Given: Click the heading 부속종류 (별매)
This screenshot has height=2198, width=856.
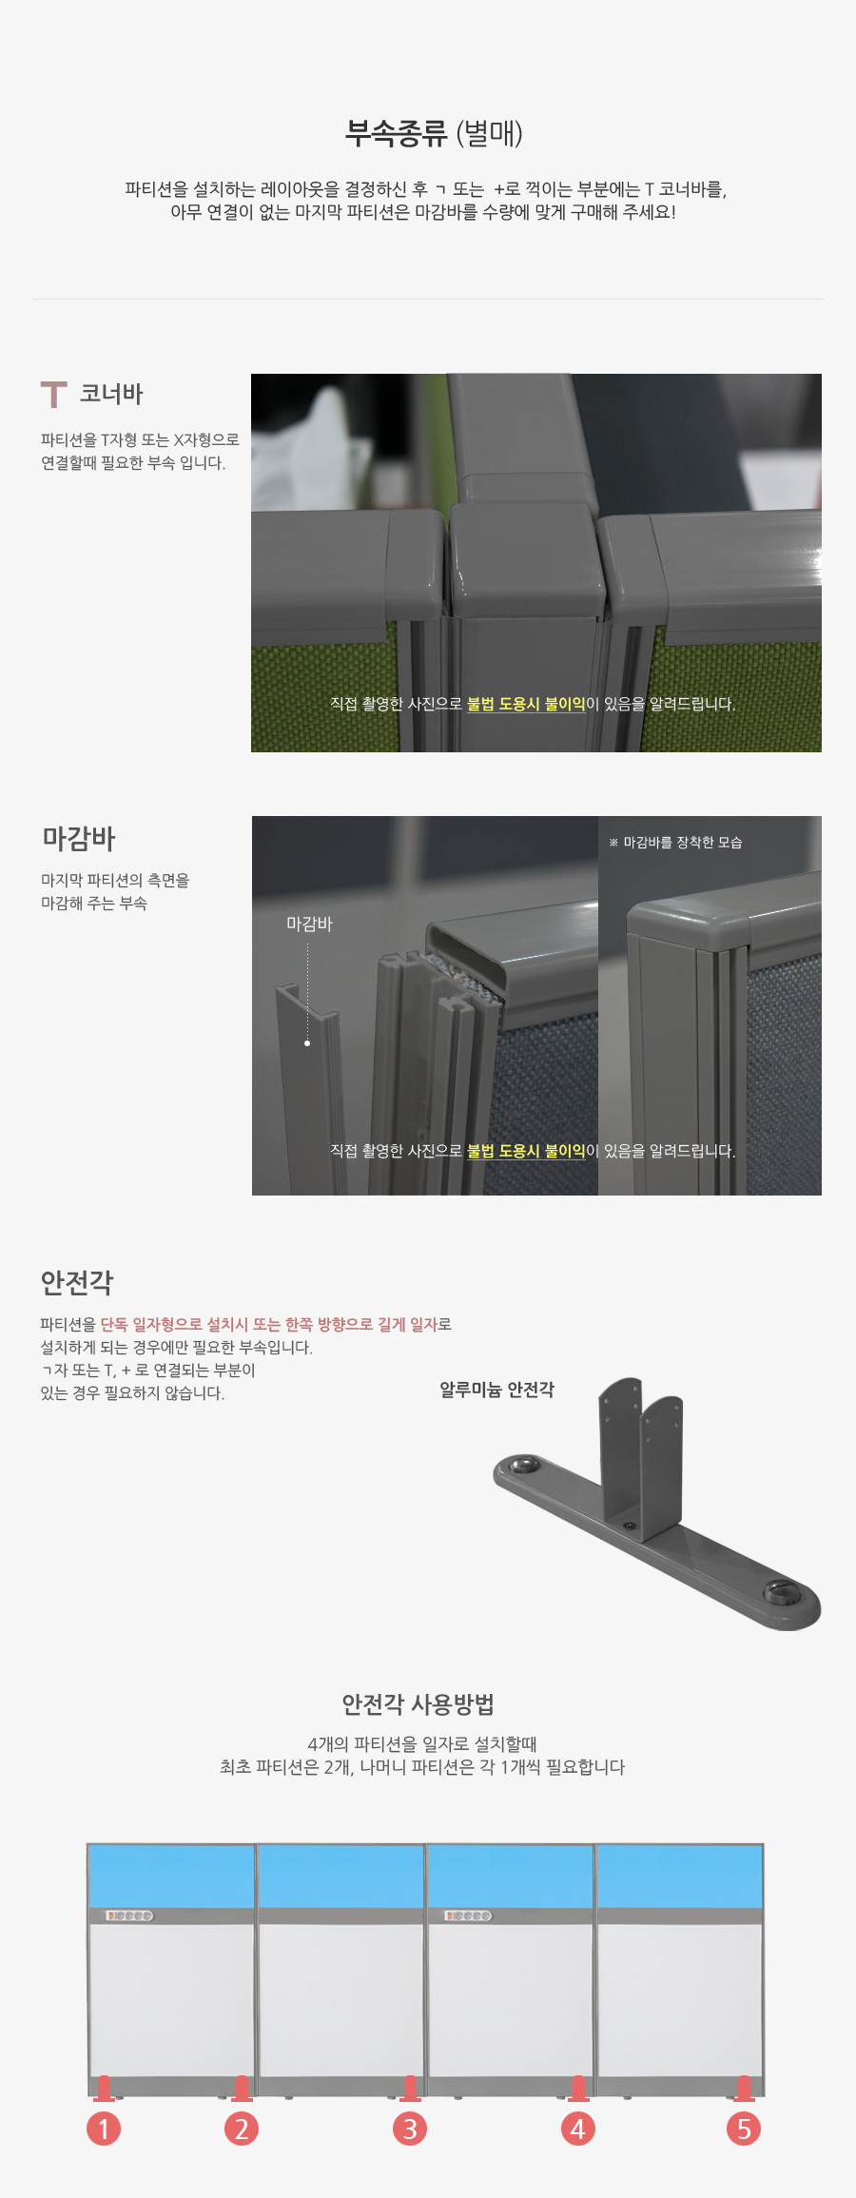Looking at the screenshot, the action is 434,133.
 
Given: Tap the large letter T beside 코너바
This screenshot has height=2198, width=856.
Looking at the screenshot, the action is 54,394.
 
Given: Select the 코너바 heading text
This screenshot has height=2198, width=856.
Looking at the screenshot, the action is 111,394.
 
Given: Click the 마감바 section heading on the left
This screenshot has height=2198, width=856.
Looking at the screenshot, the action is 79,839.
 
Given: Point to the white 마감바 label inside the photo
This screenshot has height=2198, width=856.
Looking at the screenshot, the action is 309,924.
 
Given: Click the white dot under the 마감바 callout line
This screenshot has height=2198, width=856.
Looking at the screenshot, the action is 307,1043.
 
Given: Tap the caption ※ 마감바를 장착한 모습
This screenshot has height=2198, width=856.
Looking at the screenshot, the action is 675,842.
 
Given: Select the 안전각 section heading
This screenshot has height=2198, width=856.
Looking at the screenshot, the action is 77,1282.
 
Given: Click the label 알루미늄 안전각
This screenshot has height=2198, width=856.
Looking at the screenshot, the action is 496,1390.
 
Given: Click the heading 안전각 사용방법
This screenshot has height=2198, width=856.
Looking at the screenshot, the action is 418,1703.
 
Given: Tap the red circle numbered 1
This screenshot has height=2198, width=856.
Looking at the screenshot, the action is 104,2129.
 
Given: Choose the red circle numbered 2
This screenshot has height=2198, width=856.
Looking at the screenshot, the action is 242,2129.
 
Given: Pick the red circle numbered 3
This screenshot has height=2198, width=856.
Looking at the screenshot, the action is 410,2129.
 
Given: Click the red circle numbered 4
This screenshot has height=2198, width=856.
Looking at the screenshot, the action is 577,2129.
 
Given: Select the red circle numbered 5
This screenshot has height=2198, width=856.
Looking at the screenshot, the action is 744,2129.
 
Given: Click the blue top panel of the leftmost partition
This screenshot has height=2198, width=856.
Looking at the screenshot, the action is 171,1876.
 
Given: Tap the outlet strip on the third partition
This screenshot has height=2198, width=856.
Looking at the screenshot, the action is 469,1916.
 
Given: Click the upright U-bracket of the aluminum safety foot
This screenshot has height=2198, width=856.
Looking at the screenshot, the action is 641,1455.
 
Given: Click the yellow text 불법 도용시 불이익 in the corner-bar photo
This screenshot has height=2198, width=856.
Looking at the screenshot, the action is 526,704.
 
